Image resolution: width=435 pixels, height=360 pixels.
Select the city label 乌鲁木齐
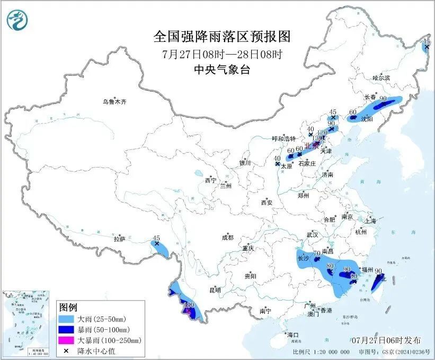(x=116, y=101)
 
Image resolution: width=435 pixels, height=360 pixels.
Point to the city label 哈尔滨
(x=380, y=78)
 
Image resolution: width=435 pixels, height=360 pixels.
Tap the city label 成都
(x=228, y=238)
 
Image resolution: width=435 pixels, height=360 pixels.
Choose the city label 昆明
(x=215, y=290)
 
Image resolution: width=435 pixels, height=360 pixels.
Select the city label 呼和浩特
(x=283, y=138)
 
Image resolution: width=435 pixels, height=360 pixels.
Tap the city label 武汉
(x=312, y=234)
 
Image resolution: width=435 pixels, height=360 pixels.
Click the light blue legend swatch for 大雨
(x=66, y=320)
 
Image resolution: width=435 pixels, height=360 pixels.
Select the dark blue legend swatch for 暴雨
(x=66, y=330)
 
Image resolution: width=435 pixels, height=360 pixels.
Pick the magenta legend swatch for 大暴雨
(x=66, y=340)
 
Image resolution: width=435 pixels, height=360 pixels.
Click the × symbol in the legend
(x=66, y=350)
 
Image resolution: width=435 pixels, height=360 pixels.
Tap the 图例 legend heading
(x=68, y=308)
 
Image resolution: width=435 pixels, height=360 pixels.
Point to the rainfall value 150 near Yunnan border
(x=189, y=305)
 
